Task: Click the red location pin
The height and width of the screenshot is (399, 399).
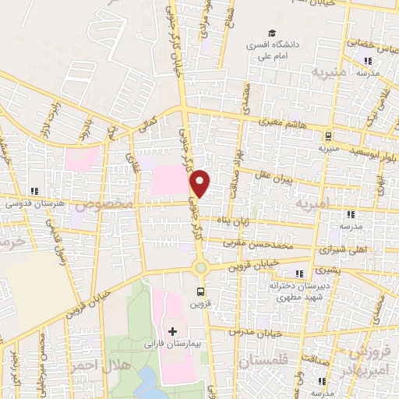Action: [201, 182]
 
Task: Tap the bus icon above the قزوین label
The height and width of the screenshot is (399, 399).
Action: [200, 293]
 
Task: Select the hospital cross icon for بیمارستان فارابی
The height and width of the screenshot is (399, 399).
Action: [172, 331]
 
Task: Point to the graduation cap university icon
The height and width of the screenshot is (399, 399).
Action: [272, 33]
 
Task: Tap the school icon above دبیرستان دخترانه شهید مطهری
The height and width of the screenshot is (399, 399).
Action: [299, 274]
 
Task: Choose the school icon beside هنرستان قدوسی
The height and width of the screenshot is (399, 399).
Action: [34, 191]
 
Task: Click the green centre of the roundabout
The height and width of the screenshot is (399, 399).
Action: [201, 267]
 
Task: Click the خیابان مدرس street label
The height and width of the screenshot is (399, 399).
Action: [250, 333]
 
